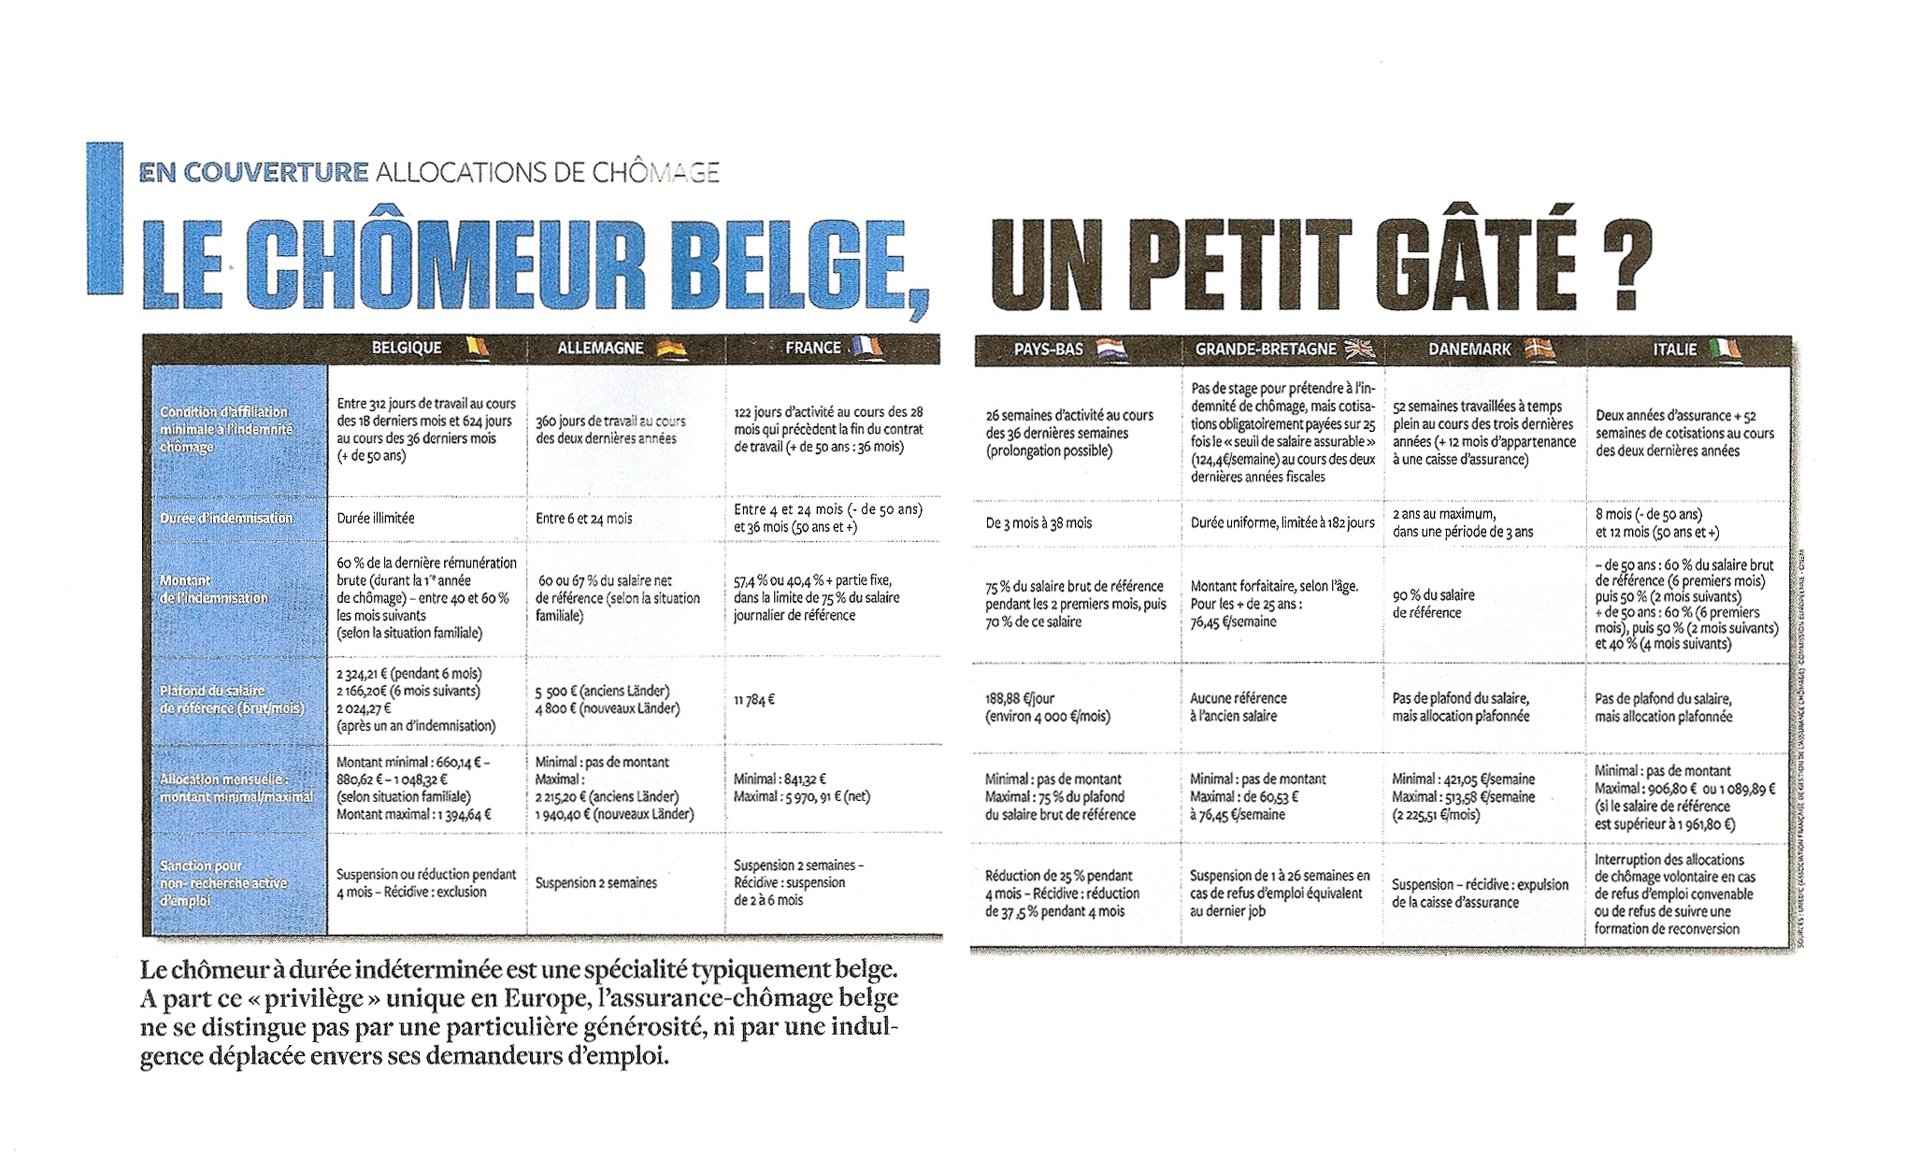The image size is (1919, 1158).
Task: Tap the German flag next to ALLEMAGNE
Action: [x=672, y=349]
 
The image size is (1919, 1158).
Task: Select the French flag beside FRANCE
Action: [x=866, y=348]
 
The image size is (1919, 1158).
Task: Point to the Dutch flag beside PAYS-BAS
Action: [x=1111, y=350]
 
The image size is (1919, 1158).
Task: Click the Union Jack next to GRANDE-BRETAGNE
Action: [x=1360, y=350]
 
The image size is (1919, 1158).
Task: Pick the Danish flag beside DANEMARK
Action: [x=1539, y=350]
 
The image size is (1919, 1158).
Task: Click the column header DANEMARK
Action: [x=1469, y=350]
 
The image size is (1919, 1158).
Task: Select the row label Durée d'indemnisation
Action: [x=226, y=518]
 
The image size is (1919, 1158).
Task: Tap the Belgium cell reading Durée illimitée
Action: [x=376, y=518]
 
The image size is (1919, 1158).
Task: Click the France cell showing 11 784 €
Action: [x=754, y=699]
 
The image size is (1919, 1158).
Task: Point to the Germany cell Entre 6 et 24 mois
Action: [x=584, y=519]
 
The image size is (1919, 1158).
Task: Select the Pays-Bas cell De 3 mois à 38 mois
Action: [x=1038, y=523]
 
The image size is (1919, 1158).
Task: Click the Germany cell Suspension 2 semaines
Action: [x=596, y=882]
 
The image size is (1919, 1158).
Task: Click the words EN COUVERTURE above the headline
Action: [x=253, y=172]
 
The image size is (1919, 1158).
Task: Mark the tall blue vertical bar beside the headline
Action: [x=105, y=219]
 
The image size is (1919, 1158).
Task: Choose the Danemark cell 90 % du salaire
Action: [x=1433, y=604]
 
